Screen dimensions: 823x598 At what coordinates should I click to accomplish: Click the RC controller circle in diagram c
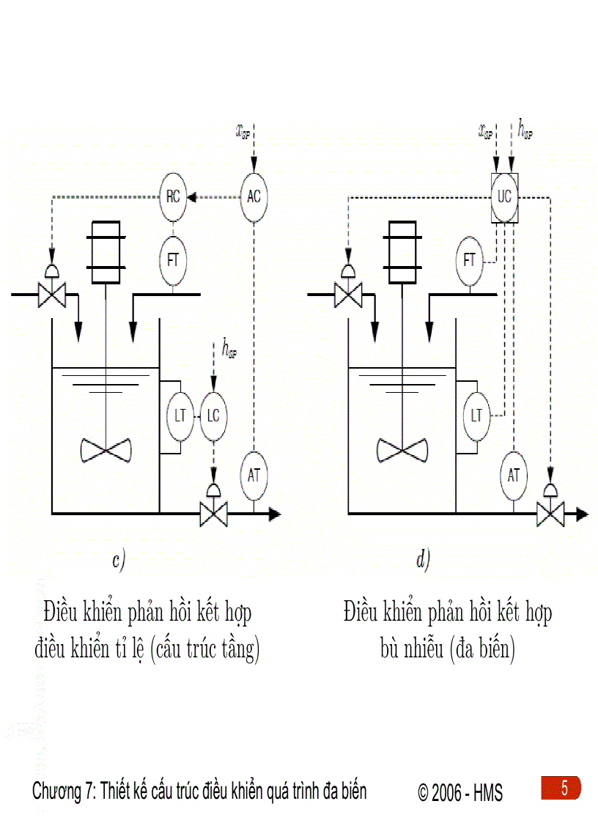pyautogui.click(x=174, y=196)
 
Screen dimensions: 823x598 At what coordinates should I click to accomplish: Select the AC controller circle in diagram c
pyautogui.click(x=254, y=196)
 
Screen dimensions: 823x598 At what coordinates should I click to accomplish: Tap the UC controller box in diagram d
pyautogui.click(x=504, y=197)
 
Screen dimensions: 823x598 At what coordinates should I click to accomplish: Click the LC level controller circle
pyautogui.click(x=213, y=416)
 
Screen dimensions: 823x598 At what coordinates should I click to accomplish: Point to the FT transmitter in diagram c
pyautogui.click(x=174, y=259)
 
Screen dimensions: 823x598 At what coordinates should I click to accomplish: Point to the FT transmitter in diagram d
pyautogui.click(x=470, y=260)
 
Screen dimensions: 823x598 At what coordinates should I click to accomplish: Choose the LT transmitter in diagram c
pyautogui.click(x=180, y=416)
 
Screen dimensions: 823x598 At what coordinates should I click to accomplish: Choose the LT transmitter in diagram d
pyautogui.click(x=477, y=416)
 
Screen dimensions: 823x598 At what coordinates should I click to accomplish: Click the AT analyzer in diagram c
pyautogui.click(x=254, y=475)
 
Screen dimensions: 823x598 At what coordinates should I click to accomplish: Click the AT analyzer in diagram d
pyautogui.click(x=514, y=475)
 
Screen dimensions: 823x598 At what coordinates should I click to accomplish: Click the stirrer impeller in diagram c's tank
pyautogui.click(x=106, y=449)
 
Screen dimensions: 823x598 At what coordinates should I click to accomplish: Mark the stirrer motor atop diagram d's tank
pyautogui.click(x=402, y=251)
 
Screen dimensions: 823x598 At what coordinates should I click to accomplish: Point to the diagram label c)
pyautogui.click(x=119, y=561)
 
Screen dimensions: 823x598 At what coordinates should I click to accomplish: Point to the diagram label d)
pyautogui.click(x=423, y=561)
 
